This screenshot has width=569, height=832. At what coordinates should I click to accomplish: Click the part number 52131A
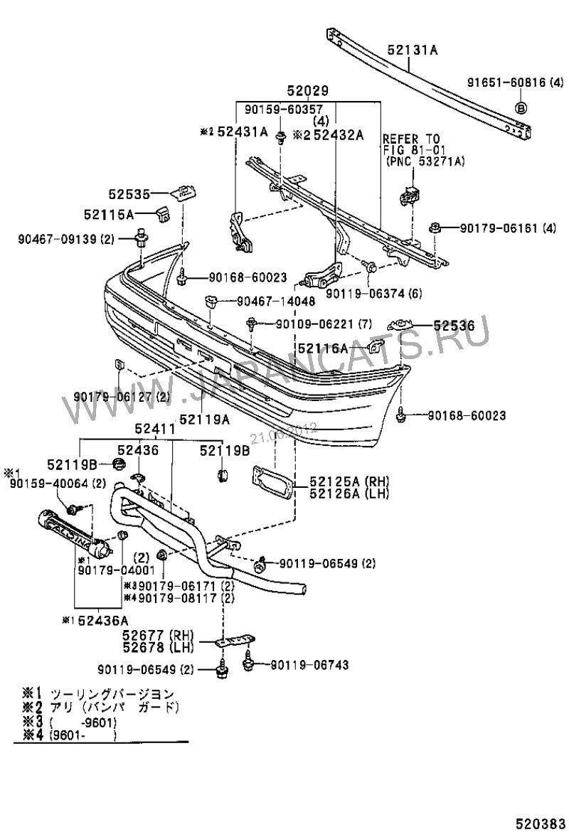(x=413, y=50)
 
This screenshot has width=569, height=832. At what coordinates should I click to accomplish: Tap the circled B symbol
(x=521, y=107)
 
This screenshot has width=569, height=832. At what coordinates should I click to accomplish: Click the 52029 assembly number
(x=307, y=92)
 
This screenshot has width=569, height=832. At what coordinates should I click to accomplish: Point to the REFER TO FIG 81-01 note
(x=423, y=150)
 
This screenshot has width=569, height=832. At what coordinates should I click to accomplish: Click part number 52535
(x=129, y=193)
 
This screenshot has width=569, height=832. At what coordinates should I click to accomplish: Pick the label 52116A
(x=322, y=348)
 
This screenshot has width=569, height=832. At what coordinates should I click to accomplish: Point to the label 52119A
(x=204, y=420)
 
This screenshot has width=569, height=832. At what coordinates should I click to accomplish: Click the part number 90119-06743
(x=308, y=665)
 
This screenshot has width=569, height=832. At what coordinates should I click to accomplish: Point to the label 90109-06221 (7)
(x=324, y=324)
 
